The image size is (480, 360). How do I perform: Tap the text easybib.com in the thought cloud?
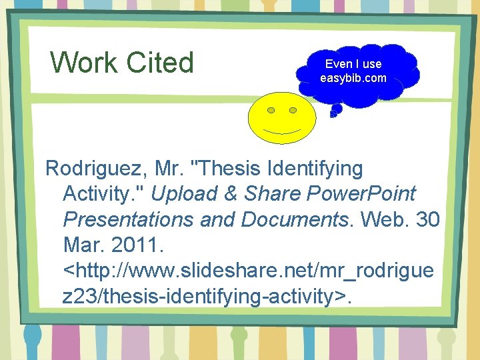pos(353,79)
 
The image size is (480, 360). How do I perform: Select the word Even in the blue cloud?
pos(337,64)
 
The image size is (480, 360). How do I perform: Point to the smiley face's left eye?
pos(271,110)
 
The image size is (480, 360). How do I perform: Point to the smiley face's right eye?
pos(293,109)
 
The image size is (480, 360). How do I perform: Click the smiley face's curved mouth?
pos(282,130)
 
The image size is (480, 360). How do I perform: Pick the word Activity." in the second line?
pos(103,194)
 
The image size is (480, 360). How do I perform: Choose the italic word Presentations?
pos(129,219)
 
